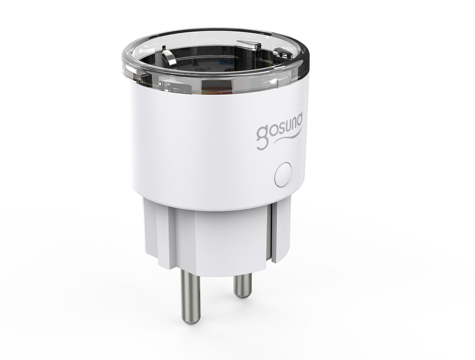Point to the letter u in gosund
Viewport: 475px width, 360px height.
287,125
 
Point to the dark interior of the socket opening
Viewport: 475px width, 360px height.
216,59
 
